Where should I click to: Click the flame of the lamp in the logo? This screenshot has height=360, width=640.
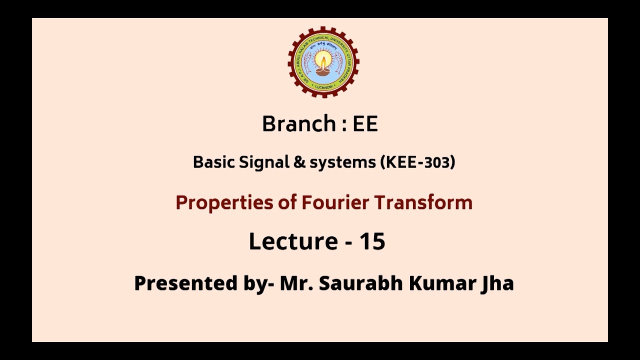[323, 61]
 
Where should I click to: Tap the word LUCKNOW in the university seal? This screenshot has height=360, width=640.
[323, 86]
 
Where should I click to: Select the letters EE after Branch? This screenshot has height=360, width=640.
[365, 124]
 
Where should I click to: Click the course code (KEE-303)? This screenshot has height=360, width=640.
[417, 162]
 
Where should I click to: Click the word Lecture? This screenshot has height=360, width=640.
[293, 241]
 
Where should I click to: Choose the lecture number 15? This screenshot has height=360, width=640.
[372, 241]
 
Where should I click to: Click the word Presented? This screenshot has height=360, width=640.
[185, 283]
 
